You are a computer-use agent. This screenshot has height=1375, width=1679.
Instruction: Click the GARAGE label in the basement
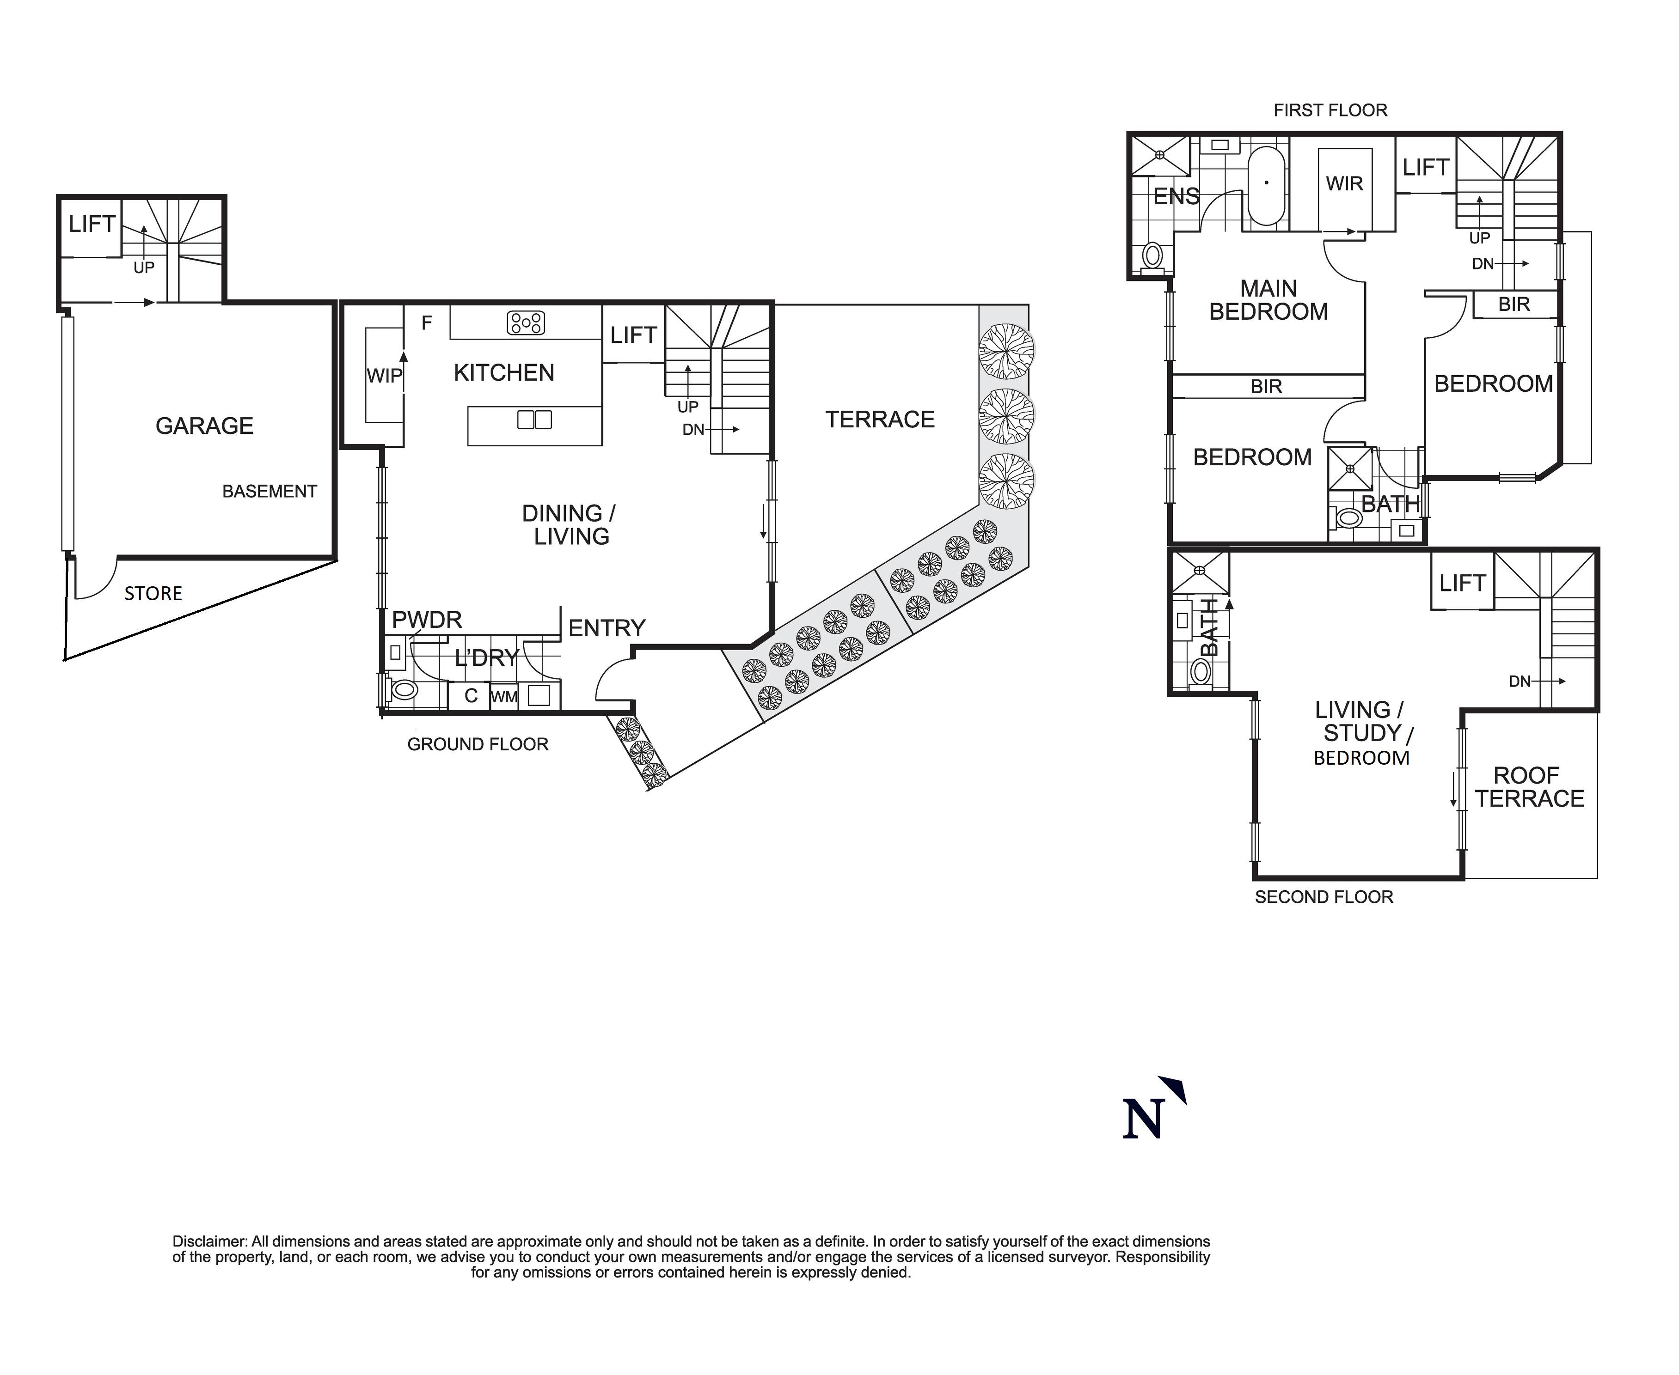coord(204,426)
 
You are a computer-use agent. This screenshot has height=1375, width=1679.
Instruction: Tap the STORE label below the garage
coord(153,593)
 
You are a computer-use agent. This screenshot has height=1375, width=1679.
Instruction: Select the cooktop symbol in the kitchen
coord(526,322)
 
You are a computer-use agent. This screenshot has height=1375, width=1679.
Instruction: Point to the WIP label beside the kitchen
coord(384,376)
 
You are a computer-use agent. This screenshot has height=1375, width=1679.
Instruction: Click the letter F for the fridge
coord(426,322)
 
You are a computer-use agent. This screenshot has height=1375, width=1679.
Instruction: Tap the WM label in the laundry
coord(504,697)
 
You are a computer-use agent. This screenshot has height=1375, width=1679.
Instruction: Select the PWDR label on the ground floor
coord(426,620)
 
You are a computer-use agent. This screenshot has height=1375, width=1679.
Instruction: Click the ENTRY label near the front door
coord(607,628)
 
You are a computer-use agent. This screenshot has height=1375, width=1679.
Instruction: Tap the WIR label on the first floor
coord(1345,184)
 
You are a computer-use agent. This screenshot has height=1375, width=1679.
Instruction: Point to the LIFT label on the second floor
coord(1462,583)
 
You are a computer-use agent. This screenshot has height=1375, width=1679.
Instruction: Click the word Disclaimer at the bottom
coord(209,1241)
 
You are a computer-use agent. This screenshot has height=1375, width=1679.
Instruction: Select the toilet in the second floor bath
coord(1201,672)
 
